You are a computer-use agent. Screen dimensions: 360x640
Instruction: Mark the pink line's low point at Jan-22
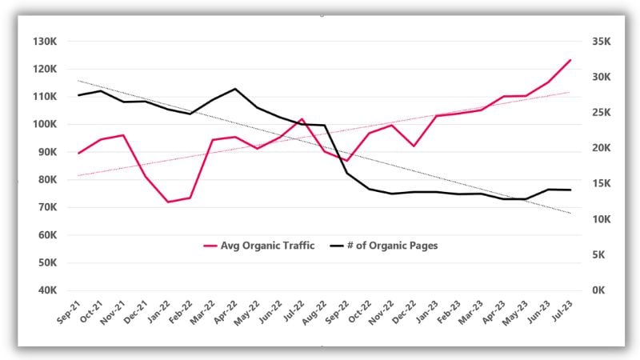[x=168, y=202]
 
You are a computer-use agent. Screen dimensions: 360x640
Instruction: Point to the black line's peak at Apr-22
[x=235, y=89]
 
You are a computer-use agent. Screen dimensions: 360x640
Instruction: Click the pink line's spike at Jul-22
[x=302, y=119]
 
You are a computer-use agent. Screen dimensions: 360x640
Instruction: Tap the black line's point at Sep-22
[x=346, y=173]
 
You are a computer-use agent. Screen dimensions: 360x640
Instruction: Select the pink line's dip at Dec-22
[x=414, y=146]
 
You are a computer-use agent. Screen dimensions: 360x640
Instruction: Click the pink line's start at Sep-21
[x=78, y=153]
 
